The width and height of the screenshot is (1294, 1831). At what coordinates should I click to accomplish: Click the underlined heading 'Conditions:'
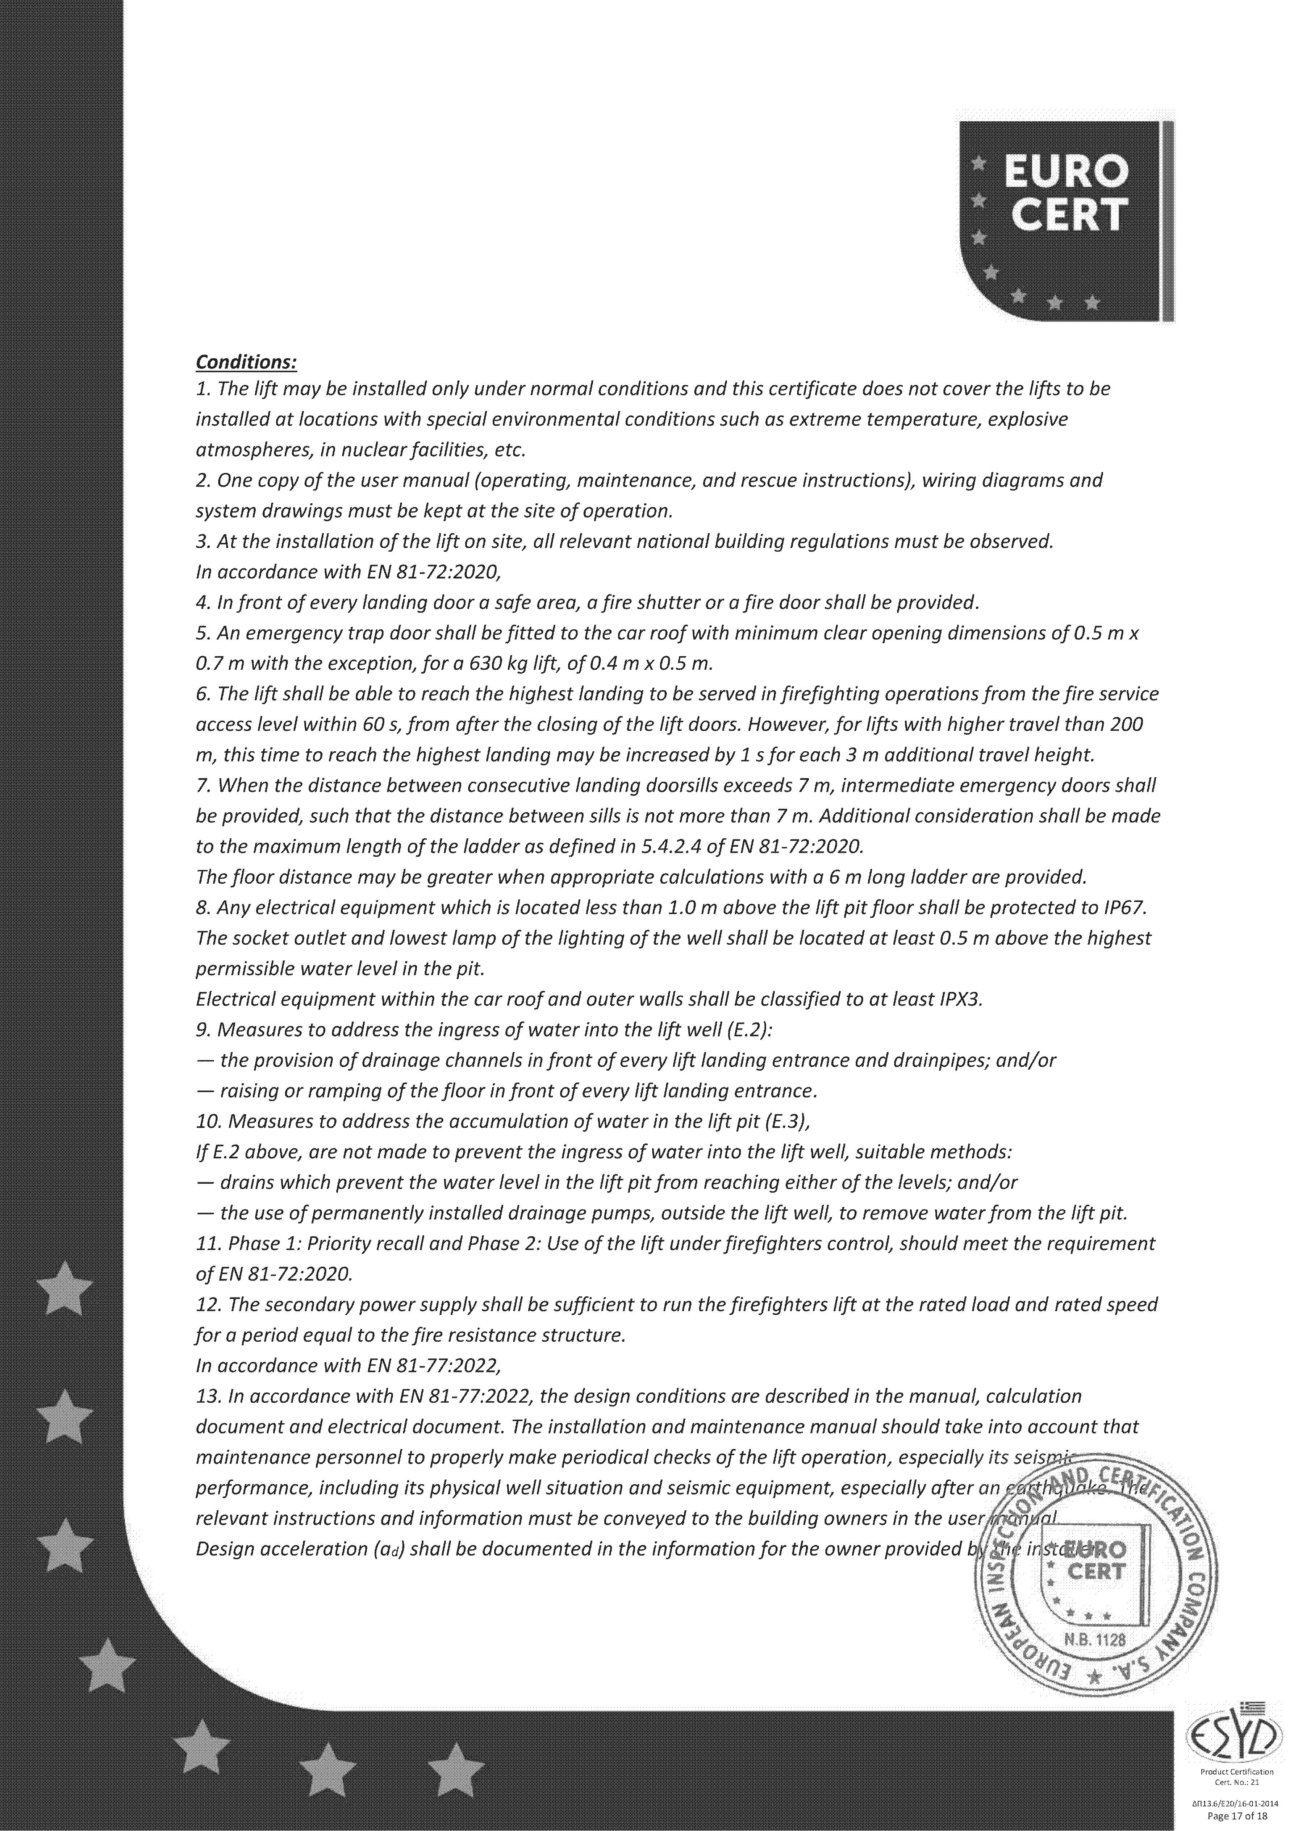[246, 362]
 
